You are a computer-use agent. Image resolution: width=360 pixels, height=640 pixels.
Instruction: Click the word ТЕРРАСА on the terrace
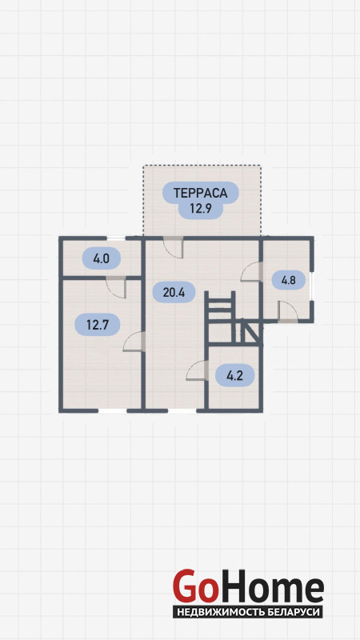(201, 193)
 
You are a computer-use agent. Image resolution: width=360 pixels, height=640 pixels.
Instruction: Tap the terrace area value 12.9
(201, 209)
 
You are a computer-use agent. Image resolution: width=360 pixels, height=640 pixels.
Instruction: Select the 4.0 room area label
(102, 258)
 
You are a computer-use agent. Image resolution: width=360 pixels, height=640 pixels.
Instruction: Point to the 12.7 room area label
(97, 325)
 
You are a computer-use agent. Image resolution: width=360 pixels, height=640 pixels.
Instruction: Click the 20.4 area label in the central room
(174, 292)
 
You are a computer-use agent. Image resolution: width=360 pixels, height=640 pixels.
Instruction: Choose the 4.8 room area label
(289, 280)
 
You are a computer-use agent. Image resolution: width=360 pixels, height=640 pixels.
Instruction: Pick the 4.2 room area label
(234, 375)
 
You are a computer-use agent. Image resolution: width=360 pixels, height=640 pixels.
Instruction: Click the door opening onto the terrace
(173, 247)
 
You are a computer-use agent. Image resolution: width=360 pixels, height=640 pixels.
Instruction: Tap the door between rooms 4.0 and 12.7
(116, 287)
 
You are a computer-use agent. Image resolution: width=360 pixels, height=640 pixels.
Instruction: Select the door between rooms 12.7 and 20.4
(134, 342)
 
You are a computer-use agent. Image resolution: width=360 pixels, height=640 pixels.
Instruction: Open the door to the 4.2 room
(197, 370)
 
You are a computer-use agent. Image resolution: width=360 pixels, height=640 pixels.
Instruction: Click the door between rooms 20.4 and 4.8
(251, 271)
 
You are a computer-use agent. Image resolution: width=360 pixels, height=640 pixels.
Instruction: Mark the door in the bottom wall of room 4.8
(288, 312)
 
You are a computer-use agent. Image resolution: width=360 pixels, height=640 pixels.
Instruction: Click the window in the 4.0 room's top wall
(116, 238)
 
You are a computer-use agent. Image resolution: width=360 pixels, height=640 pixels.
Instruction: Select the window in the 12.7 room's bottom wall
(112, 410)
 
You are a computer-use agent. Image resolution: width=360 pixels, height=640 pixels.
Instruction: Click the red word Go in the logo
(194, 586)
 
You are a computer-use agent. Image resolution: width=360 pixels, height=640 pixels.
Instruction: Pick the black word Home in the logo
(270, 586)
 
